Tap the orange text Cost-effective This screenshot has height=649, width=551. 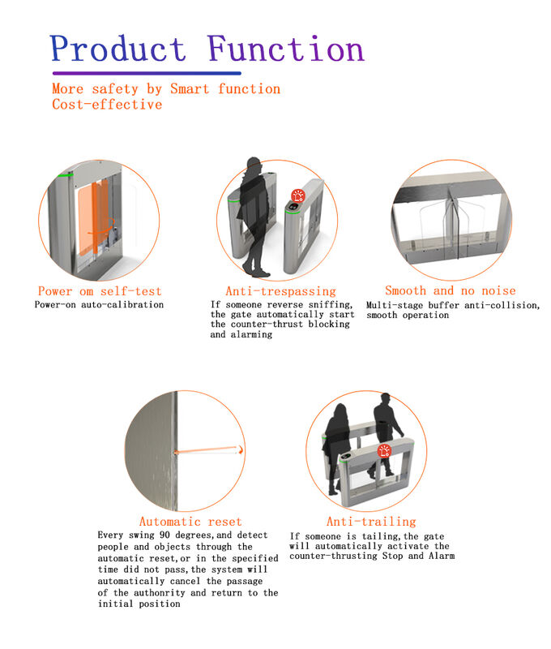click(x=107, y=105)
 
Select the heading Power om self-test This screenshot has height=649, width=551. click(x=100, y=291)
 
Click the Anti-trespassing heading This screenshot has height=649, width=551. click(x=280, y=291)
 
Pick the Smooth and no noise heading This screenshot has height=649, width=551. click(x=450, y=290)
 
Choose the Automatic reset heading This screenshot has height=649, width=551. click(x=190, y=522)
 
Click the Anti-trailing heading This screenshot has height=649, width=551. click(x=370, y=522)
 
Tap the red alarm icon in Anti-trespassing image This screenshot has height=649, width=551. click(x=298, y=196)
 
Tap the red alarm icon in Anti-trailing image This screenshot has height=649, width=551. click(x=385, y=452)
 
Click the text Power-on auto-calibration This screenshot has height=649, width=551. click(x=99, y=305)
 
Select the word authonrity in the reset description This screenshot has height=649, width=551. click(x=173, y=593)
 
